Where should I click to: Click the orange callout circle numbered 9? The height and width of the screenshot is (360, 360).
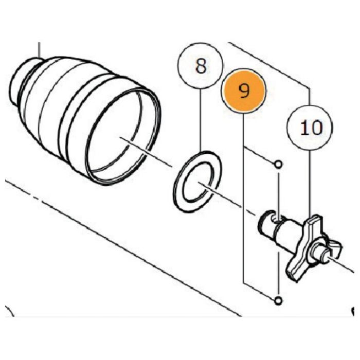click(x=243, y=91)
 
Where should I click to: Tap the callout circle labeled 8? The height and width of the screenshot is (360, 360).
click(x=201, y=65)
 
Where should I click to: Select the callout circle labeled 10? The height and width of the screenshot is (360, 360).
click(x=310, y=128)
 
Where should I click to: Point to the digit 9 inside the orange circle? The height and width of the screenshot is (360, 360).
click(x=244, y=91)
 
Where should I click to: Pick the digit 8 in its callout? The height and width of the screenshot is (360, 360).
click(x=201, y=66)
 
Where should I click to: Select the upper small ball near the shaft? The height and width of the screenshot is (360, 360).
click(x=278, y=165)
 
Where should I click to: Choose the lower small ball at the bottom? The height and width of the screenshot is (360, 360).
click(x=278, y=300)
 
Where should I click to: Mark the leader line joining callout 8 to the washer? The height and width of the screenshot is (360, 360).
click(x=201, y=119)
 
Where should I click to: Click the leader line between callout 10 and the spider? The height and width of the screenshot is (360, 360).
click(x=310, y=183)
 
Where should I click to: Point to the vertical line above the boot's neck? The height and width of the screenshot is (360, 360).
click(x=39, y=49)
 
